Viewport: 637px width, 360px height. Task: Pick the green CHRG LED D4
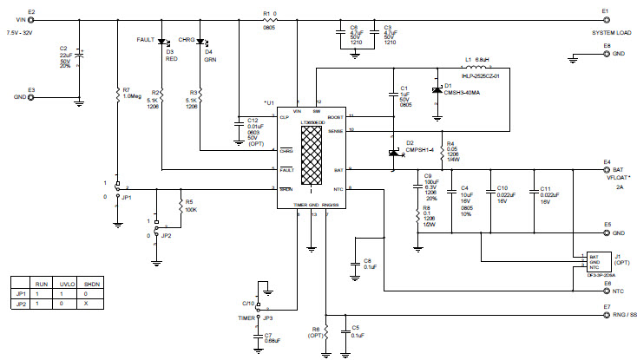[201, 41]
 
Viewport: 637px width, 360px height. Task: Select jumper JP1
[117, 187]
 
